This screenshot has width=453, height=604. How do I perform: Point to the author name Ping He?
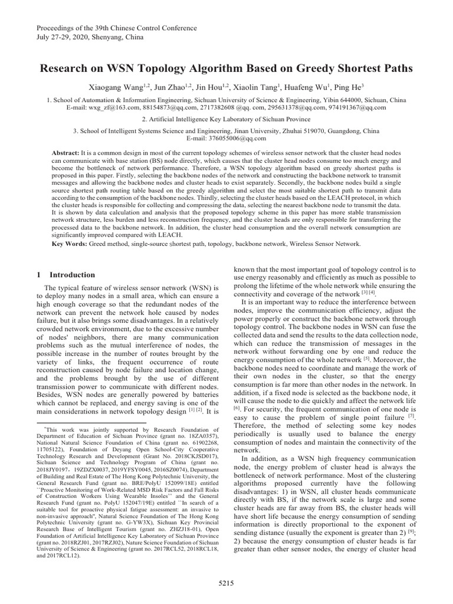[340, 87]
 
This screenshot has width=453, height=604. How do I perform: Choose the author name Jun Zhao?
[168, 87]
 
